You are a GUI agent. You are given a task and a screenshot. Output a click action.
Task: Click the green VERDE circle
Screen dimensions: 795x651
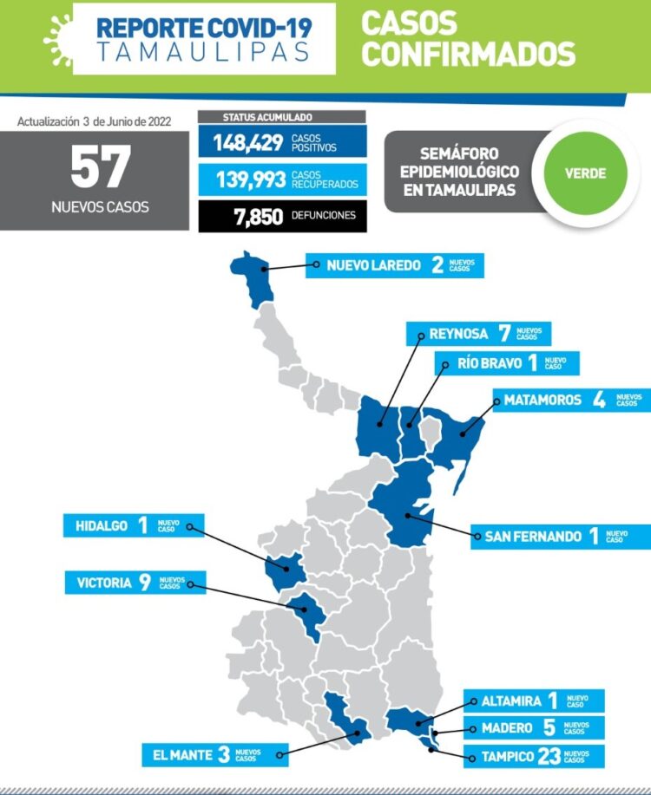click(x=585, y=173)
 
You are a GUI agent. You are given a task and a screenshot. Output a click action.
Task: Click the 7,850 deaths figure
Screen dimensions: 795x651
click(x=258, y=216)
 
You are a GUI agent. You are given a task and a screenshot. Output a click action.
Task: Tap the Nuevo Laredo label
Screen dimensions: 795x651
click(x=374, y=265)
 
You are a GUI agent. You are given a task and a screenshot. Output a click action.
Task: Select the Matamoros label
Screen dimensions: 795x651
click(x=549, y=401)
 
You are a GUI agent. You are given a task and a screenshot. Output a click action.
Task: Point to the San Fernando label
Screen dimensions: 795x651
click(x=527, y=537)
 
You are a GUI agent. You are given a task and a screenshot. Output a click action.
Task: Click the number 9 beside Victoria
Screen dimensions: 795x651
click(x=145, y=583)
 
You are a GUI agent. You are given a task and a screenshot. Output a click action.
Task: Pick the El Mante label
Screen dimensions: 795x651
click(x=183, y=754)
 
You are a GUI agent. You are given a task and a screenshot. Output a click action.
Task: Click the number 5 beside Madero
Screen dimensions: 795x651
click(x=549, y=728)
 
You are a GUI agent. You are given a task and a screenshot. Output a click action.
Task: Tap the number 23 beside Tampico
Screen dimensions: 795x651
click(x=549, y=756)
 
